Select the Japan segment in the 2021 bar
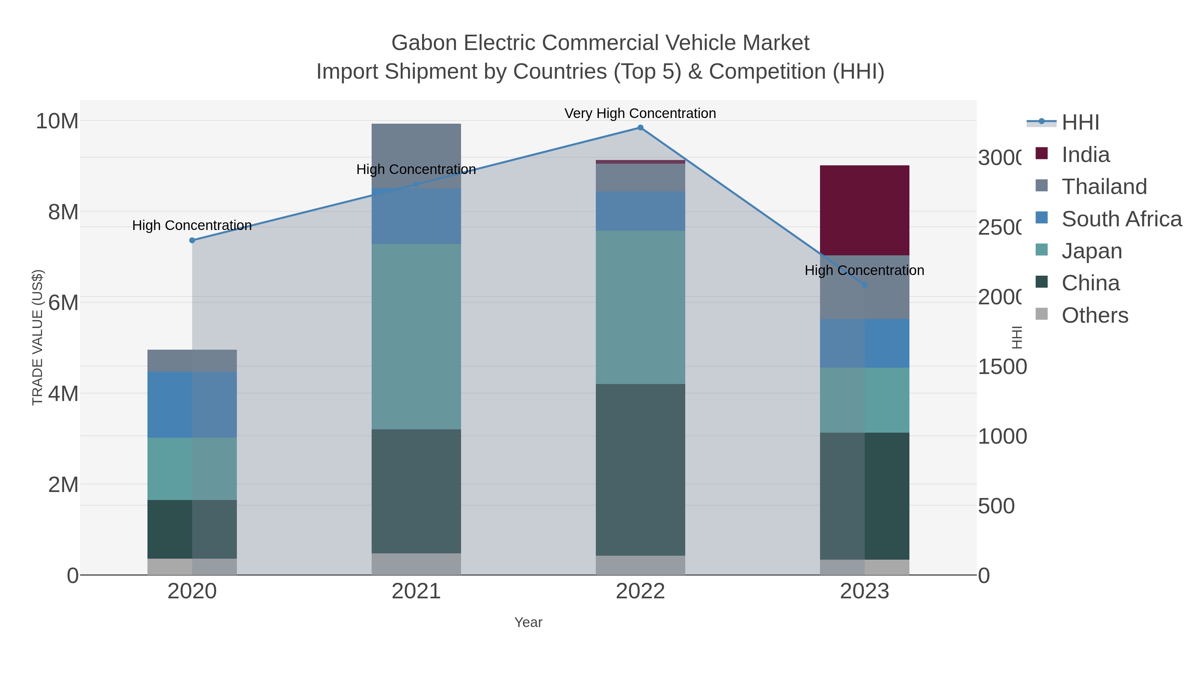coord(416,336)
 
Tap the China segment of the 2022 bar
coord(640,470)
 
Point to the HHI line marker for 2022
coord(640,128)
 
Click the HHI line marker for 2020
coord(192,240)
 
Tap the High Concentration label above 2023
coord(864,270)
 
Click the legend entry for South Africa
coord(1121,219)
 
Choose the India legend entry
coord(1085,155)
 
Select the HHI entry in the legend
coord(1080,123)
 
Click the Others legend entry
coord(1094,315)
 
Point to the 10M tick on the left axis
coord(57,121)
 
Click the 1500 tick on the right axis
coord(1002,367)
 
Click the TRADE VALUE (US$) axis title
coord(37,337)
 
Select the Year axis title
coord(528,622)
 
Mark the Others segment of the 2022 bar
coord(640,565)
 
